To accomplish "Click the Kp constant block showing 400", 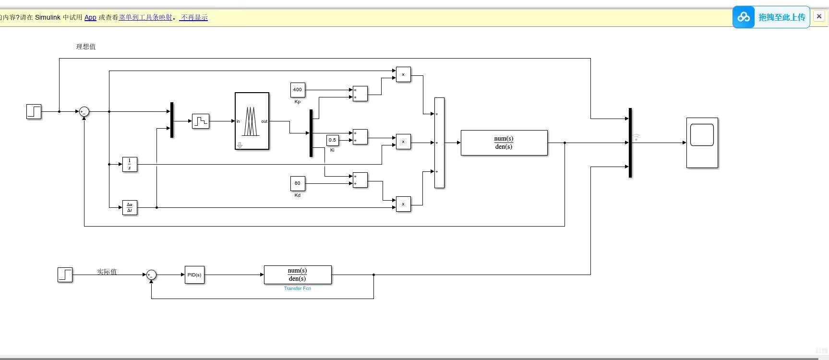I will pyautogui.click(x=298, y=90).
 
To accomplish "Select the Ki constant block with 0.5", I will pyautogui.click(x=332, y=140).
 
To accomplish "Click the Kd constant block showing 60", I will pyautogui.click(x=298, y=183).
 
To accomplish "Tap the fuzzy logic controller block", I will pyautogui.click(x=252, y=121).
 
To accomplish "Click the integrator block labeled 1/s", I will pyautogui.click(x=130, y=164).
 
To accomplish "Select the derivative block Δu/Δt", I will pyautogui.click(x=130, y=207).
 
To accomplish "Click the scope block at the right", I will pyautogui.click(x=702, y=143).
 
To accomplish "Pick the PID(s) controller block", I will pyautogui.click(x=194, y=275).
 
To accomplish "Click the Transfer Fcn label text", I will pyautogui.click(x=297, y=288).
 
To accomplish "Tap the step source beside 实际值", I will pyautogui.click(x=65, y=275).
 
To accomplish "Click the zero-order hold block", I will pyautogui.click(x=201, y=121).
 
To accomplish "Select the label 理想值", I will pyautogui.click(x=86, y=47).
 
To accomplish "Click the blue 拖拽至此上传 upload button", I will pyautogui.click(x=771, y=17).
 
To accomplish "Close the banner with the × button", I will pyautogui.click(x=819, y=16).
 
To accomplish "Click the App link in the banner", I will pyautogui.click(x=90, y=17).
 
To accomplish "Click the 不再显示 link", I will pyautogui.click(x=194, y=17).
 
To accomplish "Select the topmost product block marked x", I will pyautogui.click(x=403, y=74).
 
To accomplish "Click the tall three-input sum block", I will pyautogui.click(x=439, y=143).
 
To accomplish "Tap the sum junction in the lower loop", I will pyautogui.click(x=151, y=275).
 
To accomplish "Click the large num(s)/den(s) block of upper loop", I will pyautogui.click(x=504, y=143).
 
